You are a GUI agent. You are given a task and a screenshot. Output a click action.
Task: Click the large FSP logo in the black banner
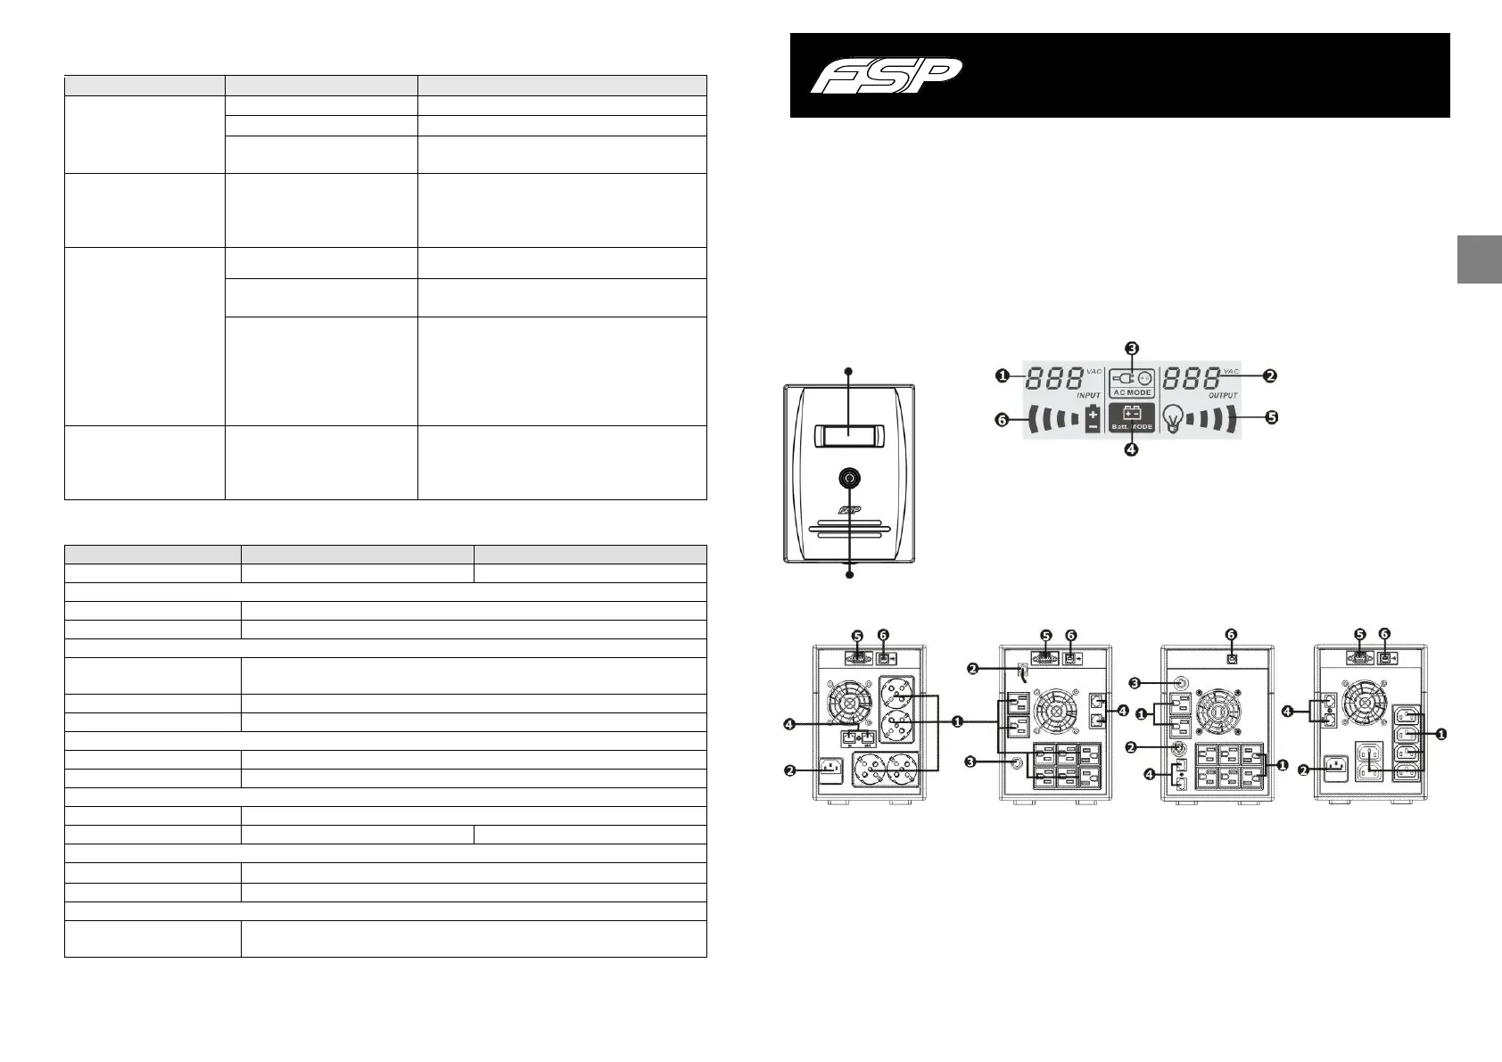pos(887,75)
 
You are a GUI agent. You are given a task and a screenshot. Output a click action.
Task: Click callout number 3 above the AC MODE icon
pos(1131,348)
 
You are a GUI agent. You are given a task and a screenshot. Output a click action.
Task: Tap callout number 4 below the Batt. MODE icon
pos(1131,450)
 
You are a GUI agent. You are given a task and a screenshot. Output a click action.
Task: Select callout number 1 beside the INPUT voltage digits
pos(1003,376)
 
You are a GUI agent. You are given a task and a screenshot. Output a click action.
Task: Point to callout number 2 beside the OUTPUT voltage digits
pos(1270,376)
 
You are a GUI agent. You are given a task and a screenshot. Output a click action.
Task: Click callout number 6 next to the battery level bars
pos(1003,419)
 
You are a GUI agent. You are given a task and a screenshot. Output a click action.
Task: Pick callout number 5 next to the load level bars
pos(1271,417)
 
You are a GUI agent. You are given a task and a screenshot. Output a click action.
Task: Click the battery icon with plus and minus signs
pos(1093,418)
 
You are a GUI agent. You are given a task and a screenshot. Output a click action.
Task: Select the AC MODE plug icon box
pos(1131,383)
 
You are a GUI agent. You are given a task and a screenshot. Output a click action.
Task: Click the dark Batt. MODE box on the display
pos(1131,417)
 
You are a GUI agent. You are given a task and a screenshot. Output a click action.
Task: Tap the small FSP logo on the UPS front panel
pos(848,511)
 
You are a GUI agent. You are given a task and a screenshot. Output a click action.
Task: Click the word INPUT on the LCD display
pos(1088,394)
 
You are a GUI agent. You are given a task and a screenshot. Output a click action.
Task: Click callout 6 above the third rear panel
pos(1231,634)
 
